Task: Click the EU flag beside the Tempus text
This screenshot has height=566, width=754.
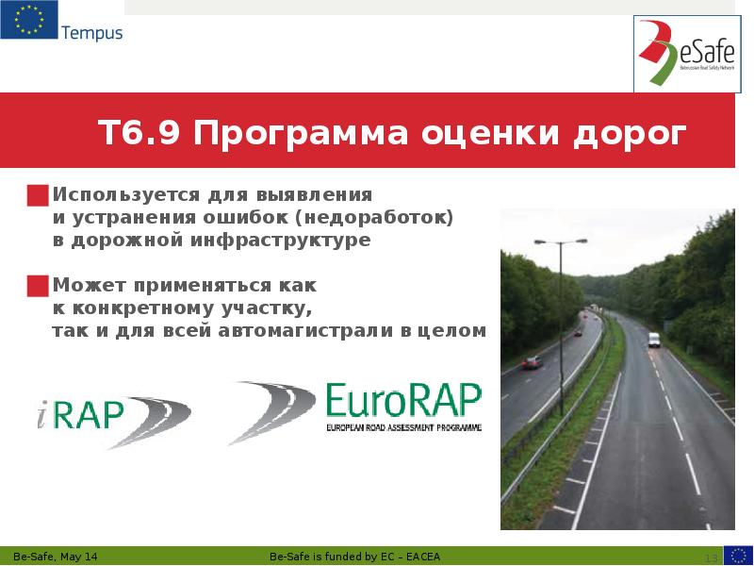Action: pyautogui.click(x=27, y=20)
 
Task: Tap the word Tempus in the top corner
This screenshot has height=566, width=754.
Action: pyautogui.click(x=91, y=33)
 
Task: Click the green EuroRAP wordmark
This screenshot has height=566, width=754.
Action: pyautogui.click(x=402, y=401)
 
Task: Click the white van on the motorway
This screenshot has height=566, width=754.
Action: pyautogui.click(x=653, y=340)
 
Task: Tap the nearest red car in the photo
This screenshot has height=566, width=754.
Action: pyautogui.click(x=533, y=361)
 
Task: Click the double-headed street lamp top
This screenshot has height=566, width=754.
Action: pyautogui.click(x=560, y=241)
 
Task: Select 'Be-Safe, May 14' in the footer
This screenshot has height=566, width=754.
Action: pyautogui.click(x=55, y=557)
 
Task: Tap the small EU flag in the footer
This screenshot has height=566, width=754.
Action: pyautogui.click(x=738, y=555)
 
